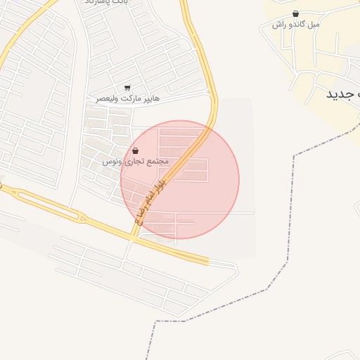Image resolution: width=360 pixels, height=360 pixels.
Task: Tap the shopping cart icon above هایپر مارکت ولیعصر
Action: pyautogui.click(x=127, y=88)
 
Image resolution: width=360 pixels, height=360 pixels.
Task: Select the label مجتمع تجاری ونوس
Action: pyautogui.click(x=136, y=161)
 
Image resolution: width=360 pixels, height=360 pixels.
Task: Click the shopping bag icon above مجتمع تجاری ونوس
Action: pyautogui.click(x=135, y=151)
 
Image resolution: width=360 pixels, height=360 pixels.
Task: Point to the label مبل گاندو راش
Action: pyautogui.click(x=296, y=24)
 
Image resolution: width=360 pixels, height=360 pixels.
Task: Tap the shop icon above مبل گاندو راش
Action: pyautogui.click(x=295, y=13)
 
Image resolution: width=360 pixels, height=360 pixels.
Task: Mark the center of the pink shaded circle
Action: pyautogui.click(x=180, y=179)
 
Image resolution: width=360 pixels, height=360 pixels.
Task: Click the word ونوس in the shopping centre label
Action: pyautogui.click(x=110, y=161)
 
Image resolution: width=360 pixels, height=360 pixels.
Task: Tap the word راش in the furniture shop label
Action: pyautogui.click(x=279, y=24)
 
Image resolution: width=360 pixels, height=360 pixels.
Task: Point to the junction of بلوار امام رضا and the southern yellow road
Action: pyautogui.click(x=131, y=238)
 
